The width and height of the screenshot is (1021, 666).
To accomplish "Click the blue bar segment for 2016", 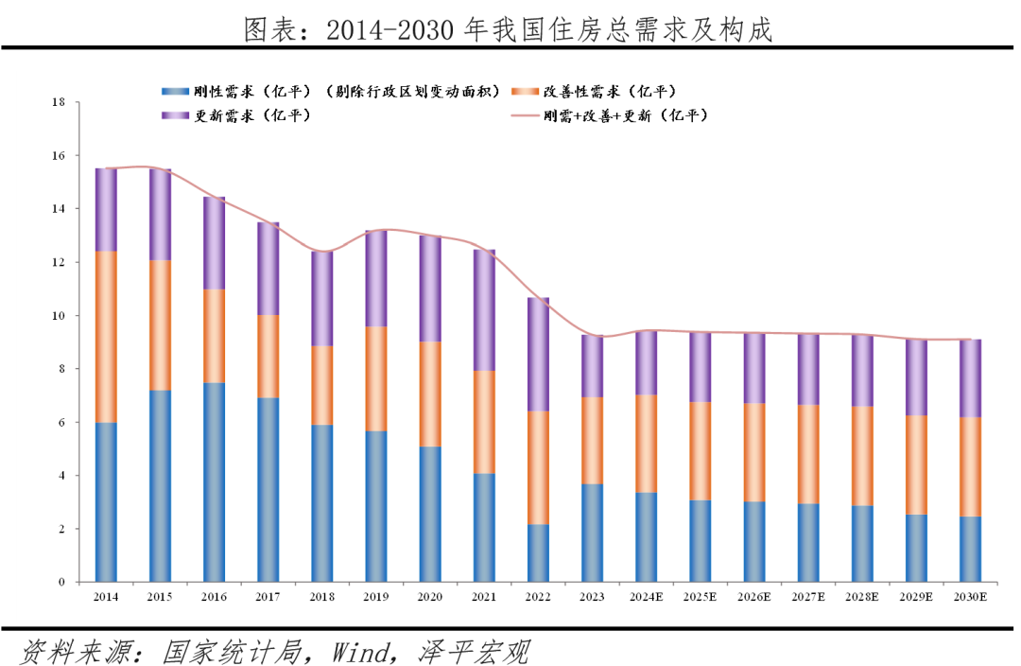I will pos(214,482).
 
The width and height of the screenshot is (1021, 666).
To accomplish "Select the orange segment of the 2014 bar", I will pos(106,337).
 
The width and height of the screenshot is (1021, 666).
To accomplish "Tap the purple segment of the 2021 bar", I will pos(484,310).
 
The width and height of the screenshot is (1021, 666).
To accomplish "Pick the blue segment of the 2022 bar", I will pos(538,553).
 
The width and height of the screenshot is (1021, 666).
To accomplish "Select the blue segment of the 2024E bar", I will pos(646,537).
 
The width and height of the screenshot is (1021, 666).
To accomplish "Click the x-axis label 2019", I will pos(376,598).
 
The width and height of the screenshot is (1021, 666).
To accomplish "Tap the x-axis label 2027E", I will pos(808,598).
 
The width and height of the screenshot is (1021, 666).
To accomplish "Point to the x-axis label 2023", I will pos(592,598).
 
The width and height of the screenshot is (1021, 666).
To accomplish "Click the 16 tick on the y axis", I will pos(59,155).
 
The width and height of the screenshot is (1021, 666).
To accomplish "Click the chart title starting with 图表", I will pos(510,31).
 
